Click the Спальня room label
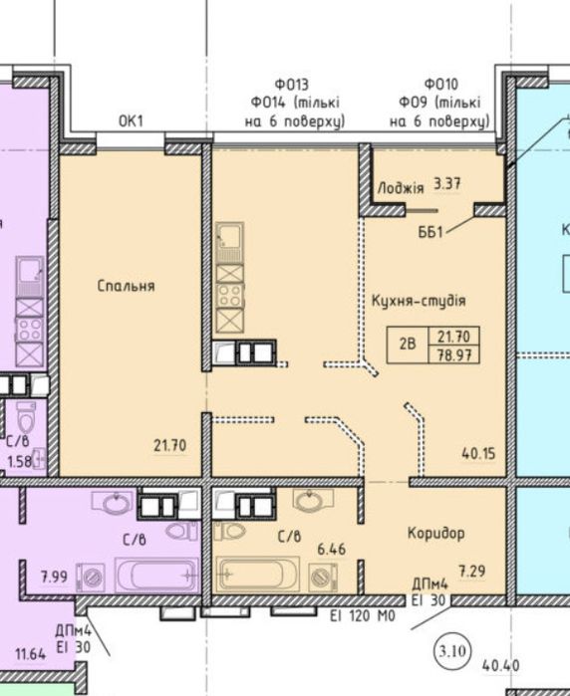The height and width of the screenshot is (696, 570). click(x=127, y=286)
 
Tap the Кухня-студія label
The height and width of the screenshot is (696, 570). click(x=419, y=301)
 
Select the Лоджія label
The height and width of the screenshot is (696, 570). click(x=401, y=188)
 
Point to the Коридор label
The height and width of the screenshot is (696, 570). click(x=436, y=533)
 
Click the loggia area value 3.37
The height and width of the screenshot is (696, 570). click(x=447, y=184)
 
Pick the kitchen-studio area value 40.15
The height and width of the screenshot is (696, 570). click(x=478, y=454)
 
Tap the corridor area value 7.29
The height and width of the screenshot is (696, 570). click(x=472, y=571)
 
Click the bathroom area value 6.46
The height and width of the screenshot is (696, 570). click(x=332, y=550)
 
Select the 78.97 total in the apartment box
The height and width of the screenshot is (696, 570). click(x=453, y=355)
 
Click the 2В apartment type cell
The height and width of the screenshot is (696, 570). click(x=408, y=345)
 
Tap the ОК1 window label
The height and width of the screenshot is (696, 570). click(x=132, y=120)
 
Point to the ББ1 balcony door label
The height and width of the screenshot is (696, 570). click(x=430, y=232)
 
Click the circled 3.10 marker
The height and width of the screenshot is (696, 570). click(x=452, y=652)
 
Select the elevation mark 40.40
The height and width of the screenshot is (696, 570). click(x=500, y=666)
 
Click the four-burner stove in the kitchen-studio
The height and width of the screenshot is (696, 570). click(x=230, y=295)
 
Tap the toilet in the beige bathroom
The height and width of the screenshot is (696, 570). click(x=229, y=531)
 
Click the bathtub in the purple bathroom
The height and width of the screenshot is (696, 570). click(x=156, y=576)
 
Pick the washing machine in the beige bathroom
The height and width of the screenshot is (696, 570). click(x=324, y=578)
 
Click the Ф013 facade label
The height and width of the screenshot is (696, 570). click(x=291, y=84)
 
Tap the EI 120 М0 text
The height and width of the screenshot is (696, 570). click(x=363, y=616)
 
